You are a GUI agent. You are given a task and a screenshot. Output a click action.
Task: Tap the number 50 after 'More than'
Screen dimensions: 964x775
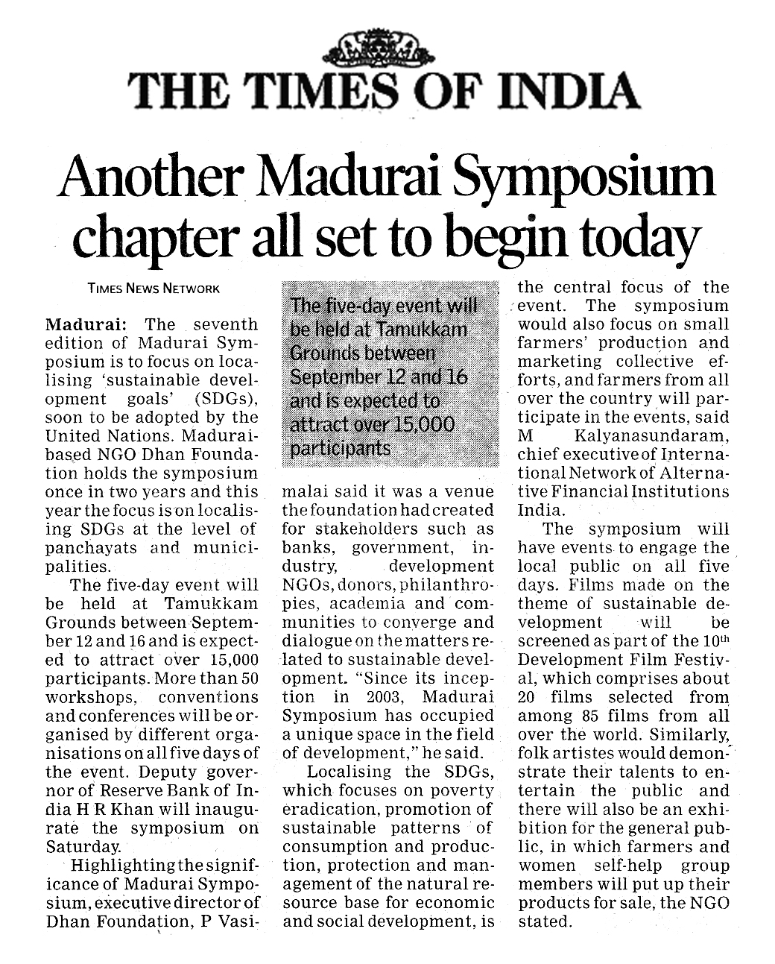point(250,678)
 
